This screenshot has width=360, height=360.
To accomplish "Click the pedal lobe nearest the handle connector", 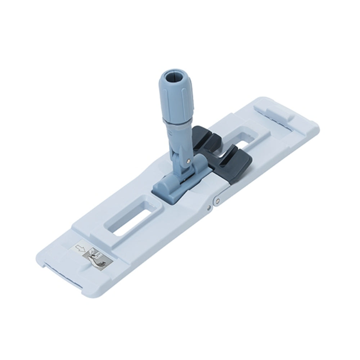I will point(202,139).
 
